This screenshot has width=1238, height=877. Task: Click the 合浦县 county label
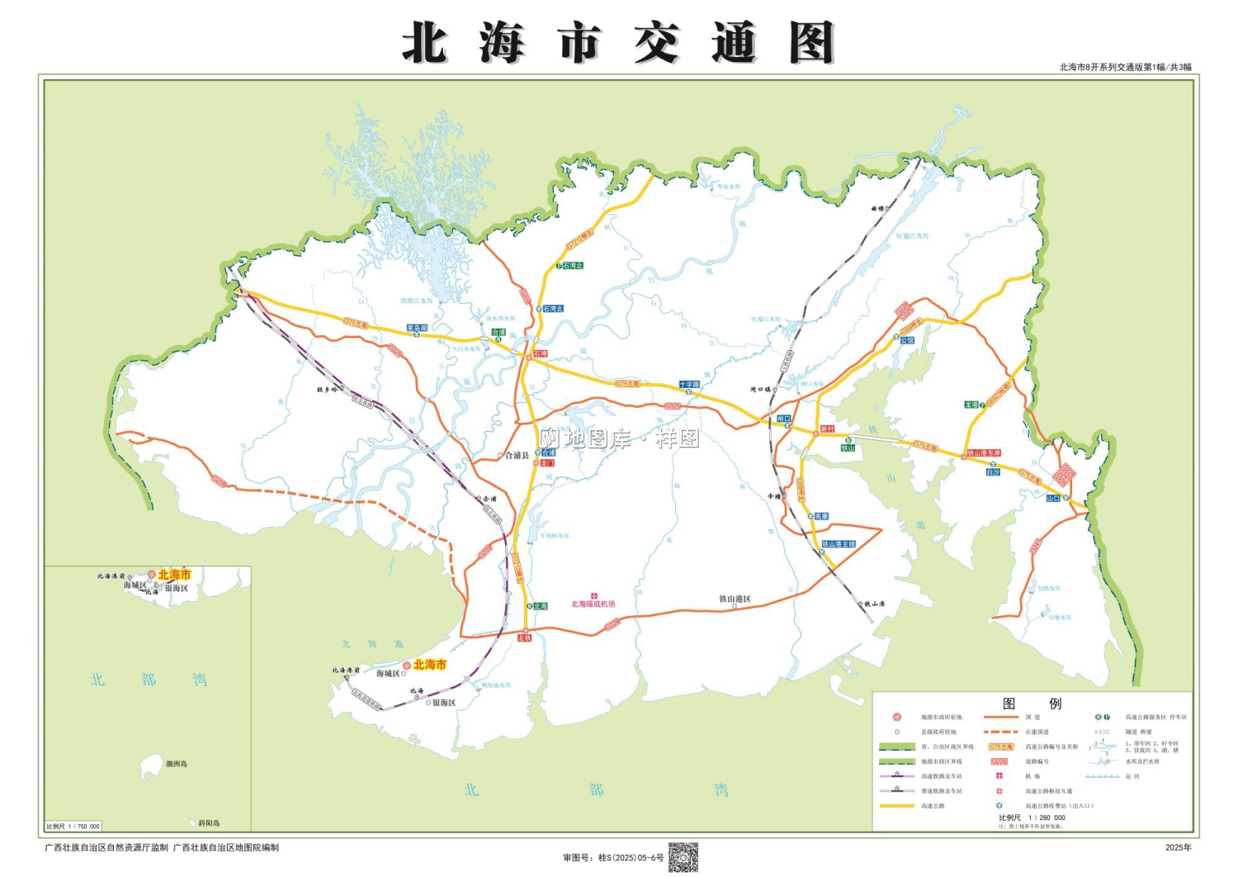(x=517, y=455)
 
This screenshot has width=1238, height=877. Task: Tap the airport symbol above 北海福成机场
(x=593, y=595)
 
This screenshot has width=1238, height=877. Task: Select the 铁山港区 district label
(x=735, y=600)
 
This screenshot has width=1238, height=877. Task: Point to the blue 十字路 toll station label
(x=689, y=385)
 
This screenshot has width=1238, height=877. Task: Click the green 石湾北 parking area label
(x=573, y=266)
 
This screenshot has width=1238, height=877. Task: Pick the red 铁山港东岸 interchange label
(x=984, y=453)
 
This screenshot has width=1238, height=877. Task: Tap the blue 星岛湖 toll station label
(x=418, y=328)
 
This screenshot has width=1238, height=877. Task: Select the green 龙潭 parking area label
(x=971, y=405)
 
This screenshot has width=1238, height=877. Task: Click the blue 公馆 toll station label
(x=907, y=340)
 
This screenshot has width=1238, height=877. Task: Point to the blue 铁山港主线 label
(x=839, y=544)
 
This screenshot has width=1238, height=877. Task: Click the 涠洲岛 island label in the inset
(x=176, y=764)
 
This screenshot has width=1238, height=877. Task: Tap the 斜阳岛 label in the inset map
(x=209, y=822)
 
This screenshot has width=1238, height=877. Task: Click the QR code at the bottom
(x=683, y=857)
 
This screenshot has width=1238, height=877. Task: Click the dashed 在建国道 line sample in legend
(x=1000, y=732)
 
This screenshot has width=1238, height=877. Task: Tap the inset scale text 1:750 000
(x=73, y=826)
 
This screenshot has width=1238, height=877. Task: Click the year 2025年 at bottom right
(x=1178, y=847)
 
